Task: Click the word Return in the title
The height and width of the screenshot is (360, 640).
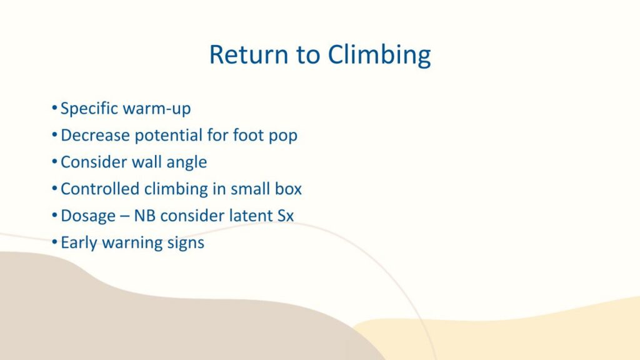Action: (249, 54)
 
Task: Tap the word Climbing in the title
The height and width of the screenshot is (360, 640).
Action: (379, 55)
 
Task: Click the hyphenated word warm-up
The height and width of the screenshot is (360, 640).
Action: (157, 109)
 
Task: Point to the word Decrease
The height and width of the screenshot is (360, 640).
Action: (95, 135)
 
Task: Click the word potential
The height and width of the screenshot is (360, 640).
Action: (168, 136)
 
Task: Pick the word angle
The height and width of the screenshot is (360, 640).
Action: (186, 163)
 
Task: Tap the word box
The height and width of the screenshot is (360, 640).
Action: (288, 189)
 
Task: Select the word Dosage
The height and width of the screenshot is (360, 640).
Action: (88, 216)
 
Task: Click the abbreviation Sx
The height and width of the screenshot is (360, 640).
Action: (286, 216)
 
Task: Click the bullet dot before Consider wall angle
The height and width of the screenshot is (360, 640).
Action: (54, 162)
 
